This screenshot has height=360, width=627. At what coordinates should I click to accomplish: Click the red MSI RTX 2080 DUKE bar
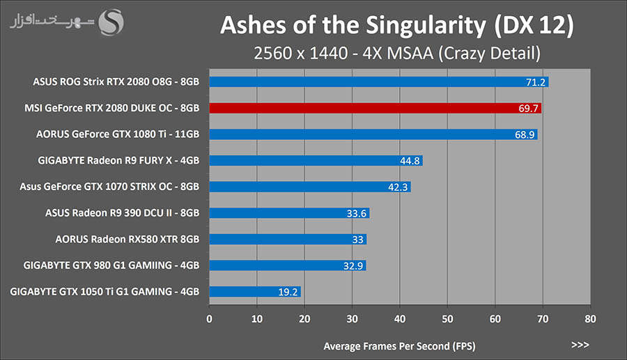point(375,108)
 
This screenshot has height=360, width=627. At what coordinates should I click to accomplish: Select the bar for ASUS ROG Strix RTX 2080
point(378,82)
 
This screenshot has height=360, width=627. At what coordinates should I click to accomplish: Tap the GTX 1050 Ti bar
point(254,292)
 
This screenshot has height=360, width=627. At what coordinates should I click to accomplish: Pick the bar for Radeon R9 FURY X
point(316,161)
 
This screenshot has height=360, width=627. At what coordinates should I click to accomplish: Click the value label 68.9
point(525,134)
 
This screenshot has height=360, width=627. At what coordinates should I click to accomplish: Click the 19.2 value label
point(288,292)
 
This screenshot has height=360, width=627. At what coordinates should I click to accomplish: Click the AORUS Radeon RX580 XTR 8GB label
point(127,239)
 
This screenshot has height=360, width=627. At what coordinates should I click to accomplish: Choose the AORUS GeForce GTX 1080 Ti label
point(118,134)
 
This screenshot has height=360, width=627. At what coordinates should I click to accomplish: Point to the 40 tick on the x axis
point(399,320)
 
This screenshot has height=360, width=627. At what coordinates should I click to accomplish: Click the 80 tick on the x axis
point(590,320)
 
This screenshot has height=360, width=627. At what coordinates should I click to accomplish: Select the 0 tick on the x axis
point(209,320)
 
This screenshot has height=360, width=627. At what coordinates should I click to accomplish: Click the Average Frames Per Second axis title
point(400,345)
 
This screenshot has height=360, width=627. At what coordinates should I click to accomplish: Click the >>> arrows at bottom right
point(580,345)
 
